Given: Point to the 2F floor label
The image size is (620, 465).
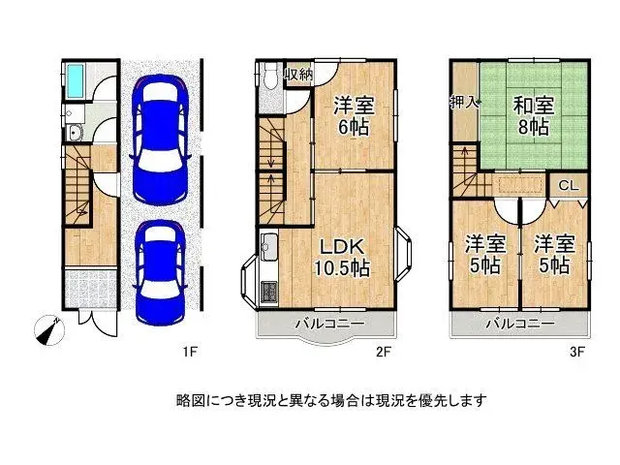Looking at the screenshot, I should [384, 352].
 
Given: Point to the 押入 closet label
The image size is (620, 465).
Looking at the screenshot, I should [464, 102].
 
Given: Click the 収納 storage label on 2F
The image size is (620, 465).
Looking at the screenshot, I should [297, 75].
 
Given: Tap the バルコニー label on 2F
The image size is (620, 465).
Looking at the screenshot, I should [326, 323].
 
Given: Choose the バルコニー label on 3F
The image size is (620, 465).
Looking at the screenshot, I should [521, 323].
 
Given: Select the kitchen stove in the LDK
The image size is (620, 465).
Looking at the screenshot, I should [268, 288].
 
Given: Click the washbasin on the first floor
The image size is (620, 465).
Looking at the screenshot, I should [75, 133].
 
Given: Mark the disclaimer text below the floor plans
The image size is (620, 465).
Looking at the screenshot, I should [330, 398].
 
